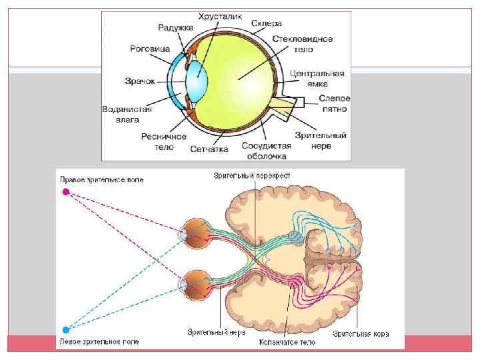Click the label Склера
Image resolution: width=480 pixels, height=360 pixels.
(x=267, y=23)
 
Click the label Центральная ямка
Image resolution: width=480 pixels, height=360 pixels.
(x=319, y=78)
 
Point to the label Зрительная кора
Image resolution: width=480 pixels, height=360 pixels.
(x=361, y=333)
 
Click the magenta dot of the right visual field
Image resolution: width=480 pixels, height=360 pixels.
(x=65, y=192)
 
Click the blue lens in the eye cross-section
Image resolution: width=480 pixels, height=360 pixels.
(x=197, y=79)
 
